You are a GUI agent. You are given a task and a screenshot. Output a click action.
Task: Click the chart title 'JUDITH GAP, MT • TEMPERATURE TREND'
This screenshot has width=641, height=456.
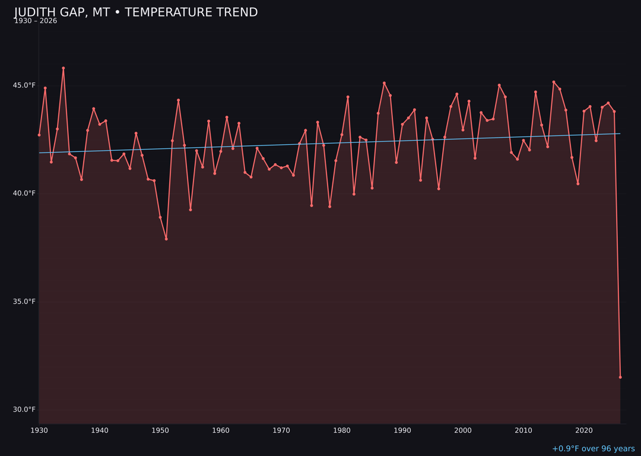pos(136,12)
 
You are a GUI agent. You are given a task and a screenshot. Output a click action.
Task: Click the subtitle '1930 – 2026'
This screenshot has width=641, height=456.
pos(36,21)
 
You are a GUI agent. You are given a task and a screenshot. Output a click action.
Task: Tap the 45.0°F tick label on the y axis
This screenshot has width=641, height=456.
pos(25,85)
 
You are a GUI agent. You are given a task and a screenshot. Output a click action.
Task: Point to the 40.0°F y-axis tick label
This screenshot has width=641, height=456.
pos(25,194)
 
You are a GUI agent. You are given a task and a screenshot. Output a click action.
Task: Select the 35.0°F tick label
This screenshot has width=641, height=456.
pos(25,302)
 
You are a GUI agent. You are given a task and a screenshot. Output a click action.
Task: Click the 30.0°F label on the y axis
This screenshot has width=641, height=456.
pos(25,410)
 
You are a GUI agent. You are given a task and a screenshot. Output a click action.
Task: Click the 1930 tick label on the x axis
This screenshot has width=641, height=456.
pos(39,430)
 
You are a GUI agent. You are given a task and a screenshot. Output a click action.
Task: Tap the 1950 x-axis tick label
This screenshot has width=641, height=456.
pos(160,430)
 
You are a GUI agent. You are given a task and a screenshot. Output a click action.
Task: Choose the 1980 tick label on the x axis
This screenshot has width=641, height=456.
pos(342,430)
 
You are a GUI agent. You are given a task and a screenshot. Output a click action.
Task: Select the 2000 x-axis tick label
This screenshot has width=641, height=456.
pos(463,430)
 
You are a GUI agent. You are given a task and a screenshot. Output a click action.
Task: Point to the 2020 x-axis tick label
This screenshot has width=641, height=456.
pos(584,430)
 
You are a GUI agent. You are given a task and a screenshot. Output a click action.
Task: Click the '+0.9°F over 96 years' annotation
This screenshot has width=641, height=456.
pos(593,449)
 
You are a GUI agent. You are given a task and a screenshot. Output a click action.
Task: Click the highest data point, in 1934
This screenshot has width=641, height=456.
pos(64,68)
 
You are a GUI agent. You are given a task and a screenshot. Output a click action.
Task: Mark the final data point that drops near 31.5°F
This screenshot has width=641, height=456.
pos(620,377)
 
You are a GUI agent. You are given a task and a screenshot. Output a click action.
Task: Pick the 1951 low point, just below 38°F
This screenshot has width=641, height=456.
pos(166,239)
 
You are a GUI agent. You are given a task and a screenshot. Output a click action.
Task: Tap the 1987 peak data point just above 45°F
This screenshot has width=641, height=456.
pos(384,83)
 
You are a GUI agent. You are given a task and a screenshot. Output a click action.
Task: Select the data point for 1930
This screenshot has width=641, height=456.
pos(39,135)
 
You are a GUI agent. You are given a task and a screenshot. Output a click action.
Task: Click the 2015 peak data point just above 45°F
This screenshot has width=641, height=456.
pos(554,82)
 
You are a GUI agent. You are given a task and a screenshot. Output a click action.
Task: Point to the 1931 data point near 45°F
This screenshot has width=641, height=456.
pos(45,88)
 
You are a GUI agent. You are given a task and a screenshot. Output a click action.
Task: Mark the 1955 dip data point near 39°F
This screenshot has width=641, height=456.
pos(191,210)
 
